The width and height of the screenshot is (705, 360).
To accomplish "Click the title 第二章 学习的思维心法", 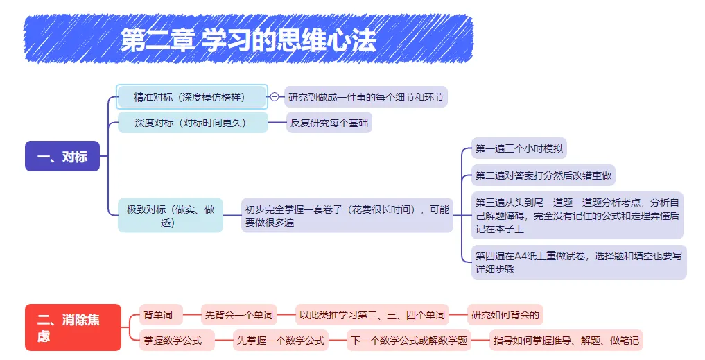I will click(x=248, y=40).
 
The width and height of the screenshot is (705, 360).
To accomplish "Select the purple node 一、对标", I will click(x=62, y=156).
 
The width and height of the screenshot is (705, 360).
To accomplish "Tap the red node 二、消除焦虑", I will click(x=73, y=327).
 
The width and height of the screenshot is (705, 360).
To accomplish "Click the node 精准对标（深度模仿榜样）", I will click(x=191, y=96).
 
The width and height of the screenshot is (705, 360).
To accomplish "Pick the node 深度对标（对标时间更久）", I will click(x=191, y=123).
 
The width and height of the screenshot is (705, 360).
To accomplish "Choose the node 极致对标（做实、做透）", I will click(x=171, y=215).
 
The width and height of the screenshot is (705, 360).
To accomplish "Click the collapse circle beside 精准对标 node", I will click(x=275, y=97).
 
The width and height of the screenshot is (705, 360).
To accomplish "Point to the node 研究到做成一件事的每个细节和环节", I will click(x=367, y=96).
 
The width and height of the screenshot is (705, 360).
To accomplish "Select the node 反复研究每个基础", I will click(x=329, y=123).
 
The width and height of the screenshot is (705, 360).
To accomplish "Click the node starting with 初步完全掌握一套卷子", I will click(x=347, y=216).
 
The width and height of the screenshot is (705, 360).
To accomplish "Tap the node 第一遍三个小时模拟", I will click(x=519, y=148).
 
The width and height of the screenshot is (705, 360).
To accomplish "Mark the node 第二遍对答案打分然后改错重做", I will click(x=543, y=175).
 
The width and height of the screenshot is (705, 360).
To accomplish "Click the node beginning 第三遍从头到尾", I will click(x=577, y=215).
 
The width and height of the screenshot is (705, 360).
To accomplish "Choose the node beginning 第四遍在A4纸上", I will click(x=578, y=262).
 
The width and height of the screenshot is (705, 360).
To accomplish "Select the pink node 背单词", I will click(x=159, y=315).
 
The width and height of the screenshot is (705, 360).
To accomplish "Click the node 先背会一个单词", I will click(x=239, y=315).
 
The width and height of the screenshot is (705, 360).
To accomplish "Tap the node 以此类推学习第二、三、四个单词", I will click(x=372, y=315).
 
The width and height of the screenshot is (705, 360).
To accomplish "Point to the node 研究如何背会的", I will click(x=505, y=315).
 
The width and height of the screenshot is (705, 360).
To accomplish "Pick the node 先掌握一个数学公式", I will click(x=280, y=341).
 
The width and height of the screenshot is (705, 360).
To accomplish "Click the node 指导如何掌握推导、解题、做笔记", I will click(x=566, y=341).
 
